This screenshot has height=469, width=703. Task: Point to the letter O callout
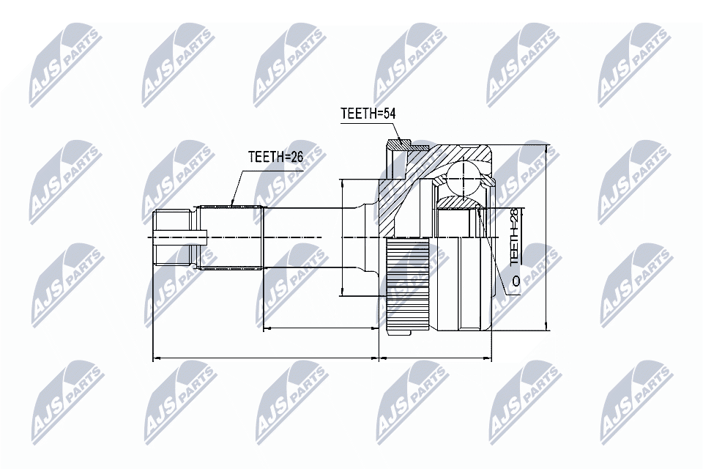[x=516, y=281]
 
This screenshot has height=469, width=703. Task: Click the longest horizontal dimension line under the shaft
[x=264, y=358]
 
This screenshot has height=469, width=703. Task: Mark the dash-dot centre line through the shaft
[x=293, y=237]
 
